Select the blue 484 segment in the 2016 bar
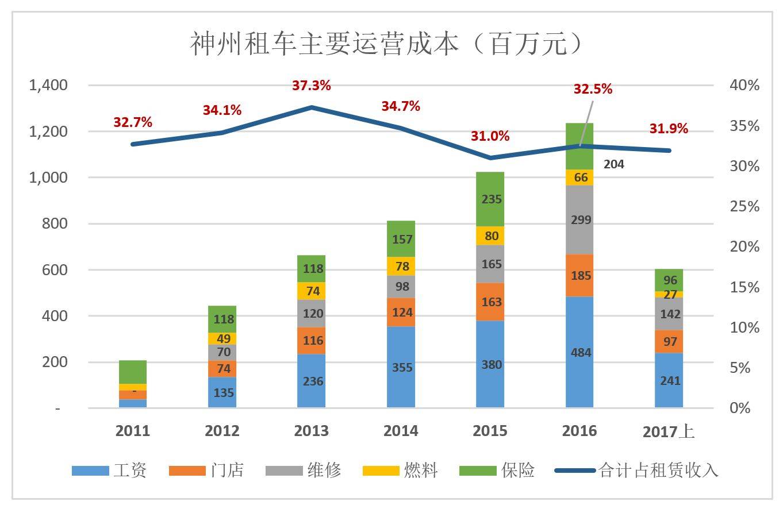click(x=580, y=352)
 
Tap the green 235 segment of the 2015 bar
click(x=491, y=199)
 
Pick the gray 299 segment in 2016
click(x=580, y=219)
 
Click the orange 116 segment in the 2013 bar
click(x=312, y=341)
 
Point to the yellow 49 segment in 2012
click(x=222, y=338)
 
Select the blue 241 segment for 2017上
click(x=669, y=380)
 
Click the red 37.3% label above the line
click(x=312, y=86)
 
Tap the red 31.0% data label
click(x=490, y=136)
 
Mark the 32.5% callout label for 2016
click(x=593, y=89)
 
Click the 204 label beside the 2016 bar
click(x=614, y=164)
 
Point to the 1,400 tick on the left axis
click(x=48, y=85)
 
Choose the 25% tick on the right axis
click(x=744, y=206)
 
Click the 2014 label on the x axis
click(x=401, y=431)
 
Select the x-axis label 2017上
click(x=669, y=431)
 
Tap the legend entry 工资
click(x=109, y=471)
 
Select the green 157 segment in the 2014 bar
click(x=401, y=239)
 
